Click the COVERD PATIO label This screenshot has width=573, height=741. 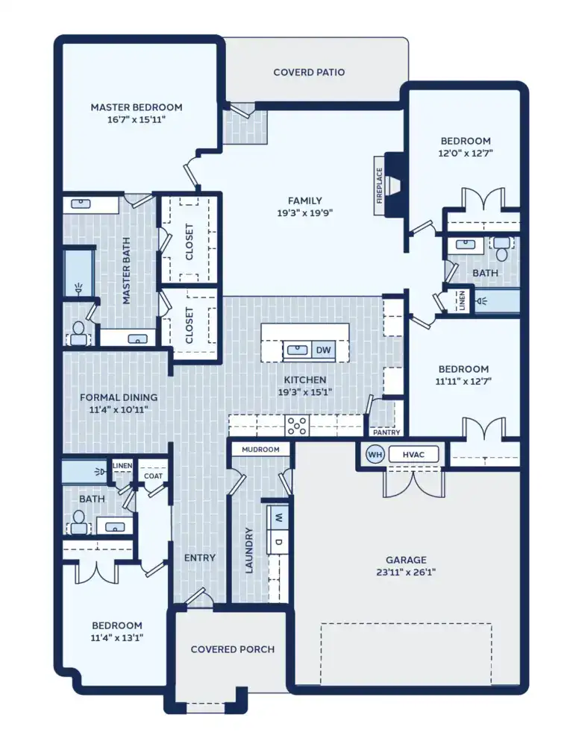pyautogui.click(x=309, y=72)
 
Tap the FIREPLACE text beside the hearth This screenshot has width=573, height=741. pyautogui.click(x=379, y=186)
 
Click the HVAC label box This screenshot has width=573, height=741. pyautogui.click(x=413, y=454)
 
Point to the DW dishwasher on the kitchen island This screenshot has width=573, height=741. pyautogui.click(x=323, y=350)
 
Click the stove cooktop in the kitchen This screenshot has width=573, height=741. pyautogui.click(x=298, y=426)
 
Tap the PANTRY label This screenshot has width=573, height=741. pyautogui.click(x=386, y=432)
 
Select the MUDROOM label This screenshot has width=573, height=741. pyautogui.click(x=260, y=450)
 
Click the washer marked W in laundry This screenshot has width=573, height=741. pyautogui.click(x=278, y=516)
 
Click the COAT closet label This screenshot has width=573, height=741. pyautogui.click(x=153, y=476)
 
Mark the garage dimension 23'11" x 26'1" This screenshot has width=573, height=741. pyautogui.click(x=406, y=573)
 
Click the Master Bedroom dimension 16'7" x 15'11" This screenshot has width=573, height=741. pyautogui.click(x=137, y=119)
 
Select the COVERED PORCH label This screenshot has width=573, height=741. pyautogui.click(x=232, y=649)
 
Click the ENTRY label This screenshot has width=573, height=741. pyautogui.click(x=200, y=558)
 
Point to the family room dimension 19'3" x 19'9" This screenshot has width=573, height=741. pyautogui.click(x=305, y=212)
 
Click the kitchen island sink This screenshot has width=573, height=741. pyautogui.click(x=296, y=349)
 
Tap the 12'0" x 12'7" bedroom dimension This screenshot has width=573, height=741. pyautogui.click(x=466, y=153)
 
